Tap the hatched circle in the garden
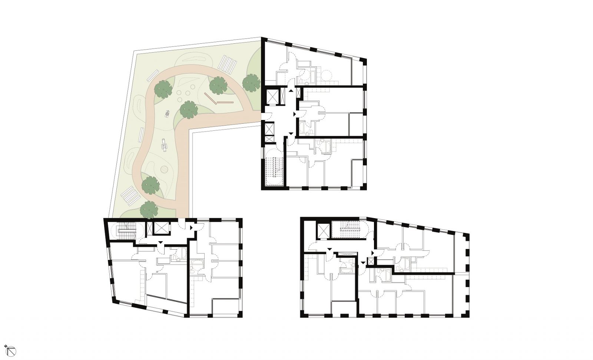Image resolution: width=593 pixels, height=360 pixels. (163, 170)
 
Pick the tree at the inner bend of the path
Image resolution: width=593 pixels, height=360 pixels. (189, 109)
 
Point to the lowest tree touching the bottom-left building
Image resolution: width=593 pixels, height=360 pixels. (149, 209)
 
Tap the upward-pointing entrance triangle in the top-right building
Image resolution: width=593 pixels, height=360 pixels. (291, 90)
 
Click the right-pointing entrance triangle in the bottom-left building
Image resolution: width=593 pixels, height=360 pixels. (191, 228)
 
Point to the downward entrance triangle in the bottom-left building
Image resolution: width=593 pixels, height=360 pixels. (160, 242)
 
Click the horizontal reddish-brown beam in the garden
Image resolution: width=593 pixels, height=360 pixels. (225, 102)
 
